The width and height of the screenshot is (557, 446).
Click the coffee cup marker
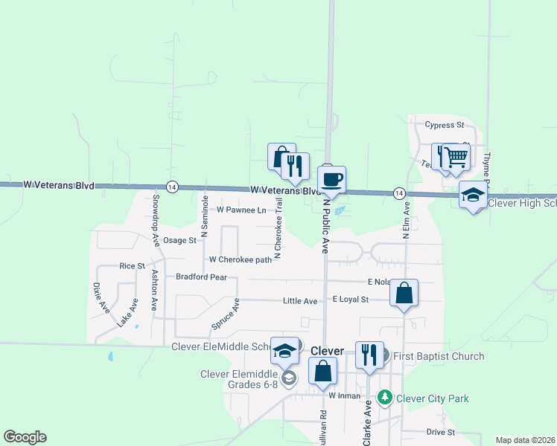(331, 179)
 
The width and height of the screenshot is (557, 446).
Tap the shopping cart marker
(457, 157)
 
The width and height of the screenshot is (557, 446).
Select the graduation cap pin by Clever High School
(472, 195)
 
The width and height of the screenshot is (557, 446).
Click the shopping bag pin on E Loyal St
(404, 293)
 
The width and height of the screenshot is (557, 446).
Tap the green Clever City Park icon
(385, 398)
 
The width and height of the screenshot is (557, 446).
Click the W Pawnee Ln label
(241, 210)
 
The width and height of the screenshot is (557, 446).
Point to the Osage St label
(179, 240)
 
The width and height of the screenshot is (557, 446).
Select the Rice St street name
(132, 265)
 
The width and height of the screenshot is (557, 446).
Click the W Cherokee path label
(241, 259)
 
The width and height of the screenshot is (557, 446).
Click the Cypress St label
(444, 125)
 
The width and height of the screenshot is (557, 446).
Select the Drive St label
(441, 432)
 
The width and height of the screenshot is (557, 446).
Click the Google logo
(25, 437)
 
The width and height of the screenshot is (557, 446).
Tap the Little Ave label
(300, 301)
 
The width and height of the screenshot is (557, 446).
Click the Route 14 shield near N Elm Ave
(400, 193)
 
